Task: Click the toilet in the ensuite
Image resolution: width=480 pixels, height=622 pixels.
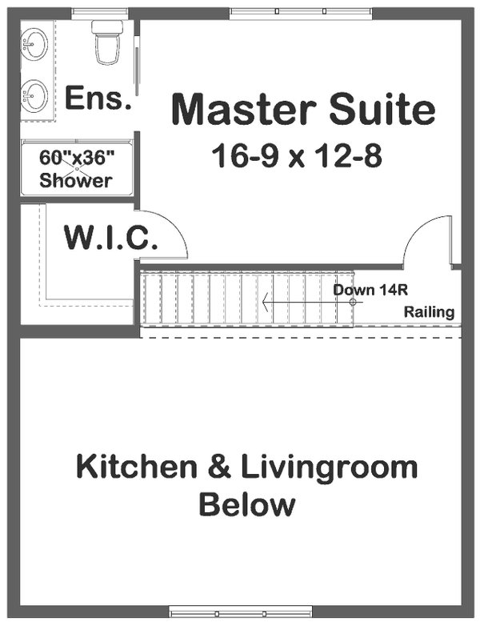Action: [x=107, y=42]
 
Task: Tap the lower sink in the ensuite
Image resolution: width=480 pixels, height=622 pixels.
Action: [x=35, y=96]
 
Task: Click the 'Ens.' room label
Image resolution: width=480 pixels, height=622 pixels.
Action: [x=97, y=98]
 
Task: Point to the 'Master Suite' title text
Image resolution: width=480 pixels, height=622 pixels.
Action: [x=304, y=110]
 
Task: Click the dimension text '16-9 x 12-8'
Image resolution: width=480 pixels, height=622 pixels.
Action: [x=297, y=155]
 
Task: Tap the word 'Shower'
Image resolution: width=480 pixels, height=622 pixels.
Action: [x=76, y=179]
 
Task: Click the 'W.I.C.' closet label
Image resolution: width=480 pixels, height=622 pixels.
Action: [x=111, y=238]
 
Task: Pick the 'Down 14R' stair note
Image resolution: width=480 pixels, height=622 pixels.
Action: [x=365, y=290]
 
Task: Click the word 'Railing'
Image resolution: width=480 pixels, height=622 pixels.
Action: [x=430, y=312]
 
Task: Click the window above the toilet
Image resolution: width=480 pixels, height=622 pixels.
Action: [x=99, y=12]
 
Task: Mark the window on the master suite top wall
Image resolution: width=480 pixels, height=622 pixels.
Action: [x=301, y=12]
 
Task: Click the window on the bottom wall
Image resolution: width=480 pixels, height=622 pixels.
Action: [x=240, y=612]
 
